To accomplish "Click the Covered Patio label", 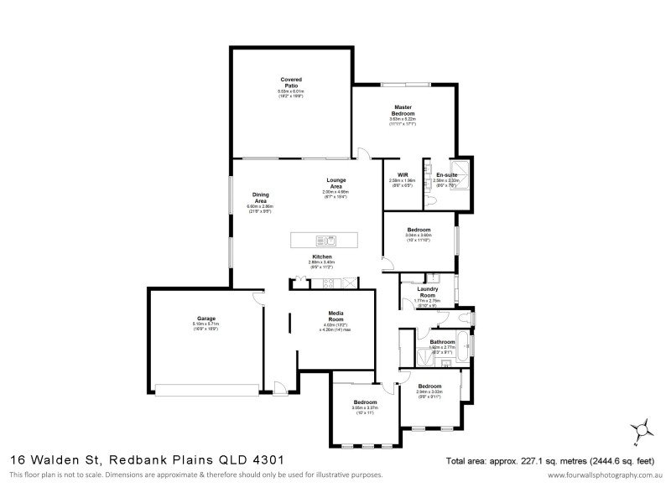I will pyautogui.click(x=291, y=82).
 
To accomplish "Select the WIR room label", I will pyautogui.click(x=402, y=174).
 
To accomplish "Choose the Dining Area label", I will pyautogui.click(x=260, y=198).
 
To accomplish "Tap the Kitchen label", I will pyautogui.click(x=323, y=257).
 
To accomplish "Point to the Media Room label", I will pyautogui.click(x=335, y=317).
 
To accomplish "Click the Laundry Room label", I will pyautogui.click(x=427, y=292).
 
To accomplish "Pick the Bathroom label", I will pyautogui.click(x=441, y=341).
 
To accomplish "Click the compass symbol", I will pyautogui.click(x=644, y=430).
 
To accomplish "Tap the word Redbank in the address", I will pyautogui.click(x=137, y=459).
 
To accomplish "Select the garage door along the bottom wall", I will pyautogui.click(x=207, y=388).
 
